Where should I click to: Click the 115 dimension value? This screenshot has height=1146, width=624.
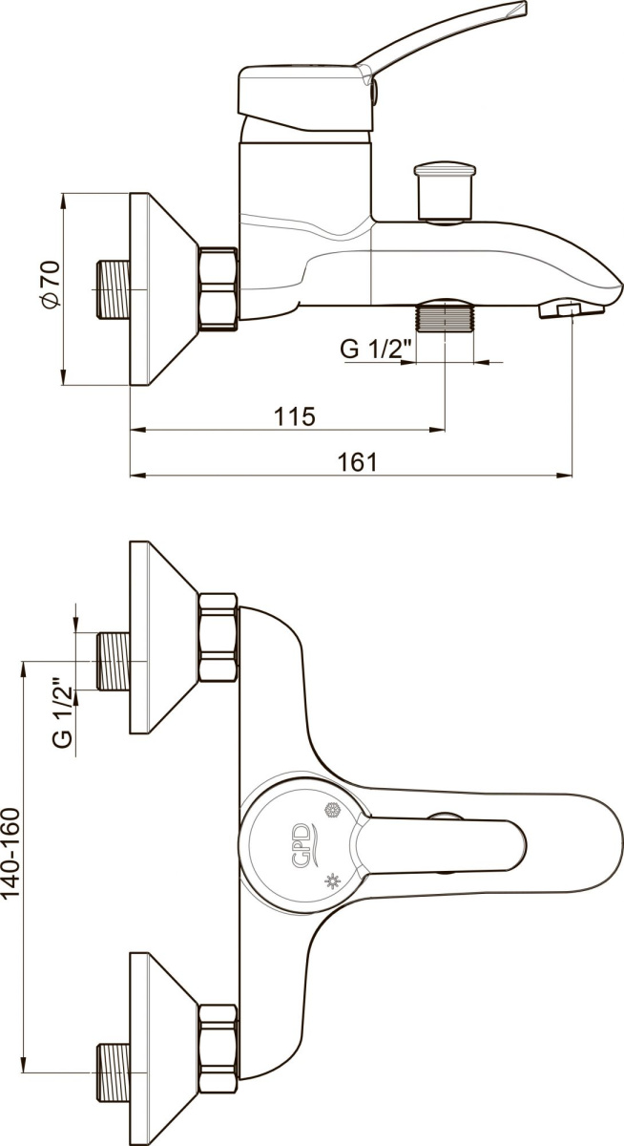point(296,416)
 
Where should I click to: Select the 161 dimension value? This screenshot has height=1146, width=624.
point(357,462)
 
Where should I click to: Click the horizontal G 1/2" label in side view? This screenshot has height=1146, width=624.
point(376,350)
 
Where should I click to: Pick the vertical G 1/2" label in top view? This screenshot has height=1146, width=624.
point(63,713)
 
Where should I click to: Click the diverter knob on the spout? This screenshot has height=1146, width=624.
point(446,192)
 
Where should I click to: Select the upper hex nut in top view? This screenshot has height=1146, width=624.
point(218,638)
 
